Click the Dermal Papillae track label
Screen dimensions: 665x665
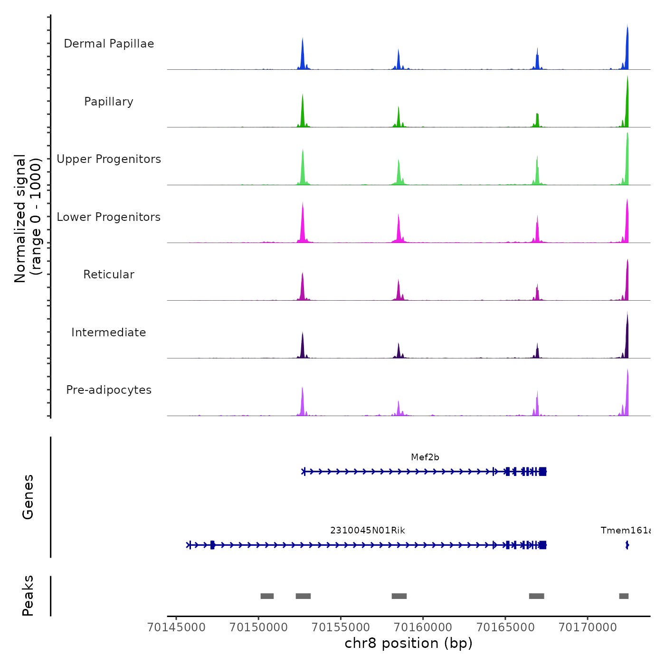coord(109,44)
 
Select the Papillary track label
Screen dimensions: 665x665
coord(109,102)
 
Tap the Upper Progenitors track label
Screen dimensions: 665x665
coord(109,159)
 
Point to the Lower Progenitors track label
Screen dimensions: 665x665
coord(109,217)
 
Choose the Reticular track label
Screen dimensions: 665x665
coord(109,275)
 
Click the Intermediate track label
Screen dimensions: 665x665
coord(109,332)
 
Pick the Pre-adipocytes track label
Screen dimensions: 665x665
coord(109,390)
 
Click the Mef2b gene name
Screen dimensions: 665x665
coord(425,457)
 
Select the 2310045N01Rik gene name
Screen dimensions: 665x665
coord(368,531)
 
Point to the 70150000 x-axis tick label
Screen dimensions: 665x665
coord(258,627)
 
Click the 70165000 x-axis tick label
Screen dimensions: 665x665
coord(505,627)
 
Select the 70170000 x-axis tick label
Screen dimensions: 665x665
coord(588,627)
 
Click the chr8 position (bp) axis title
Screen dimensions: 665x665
coord(408,644)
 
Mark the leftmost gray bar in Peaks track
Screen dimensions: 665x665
coord(267,596)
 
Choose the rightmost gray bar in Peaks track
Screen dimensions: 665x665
coord(624,596)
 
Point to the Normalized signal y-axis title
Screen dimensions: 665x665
coord(28,218)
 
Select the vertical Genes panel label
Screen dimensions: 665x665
coord(28,497)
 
